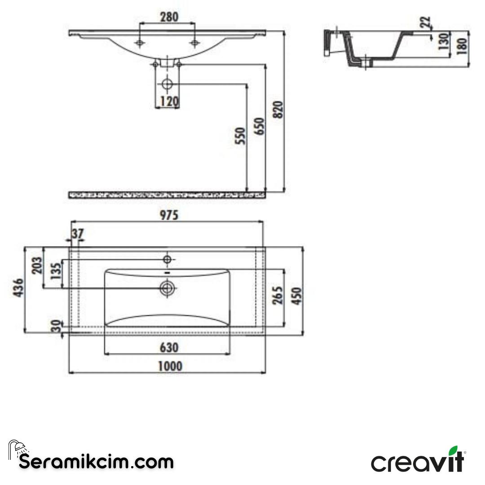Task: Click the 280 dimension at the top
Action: [169, 17]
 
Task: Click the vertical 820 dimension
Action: [278, 110]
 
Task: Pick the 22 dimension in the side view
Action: [426, 22]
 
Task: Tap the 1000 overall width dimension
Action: [170, 366]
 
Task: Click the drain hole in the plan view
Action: [168, 288]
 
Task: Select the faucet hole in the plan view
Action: [168, 259]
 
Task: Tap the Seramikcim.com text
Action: [96, 461]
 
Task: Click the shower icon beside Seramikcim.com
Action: [17, 449]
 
